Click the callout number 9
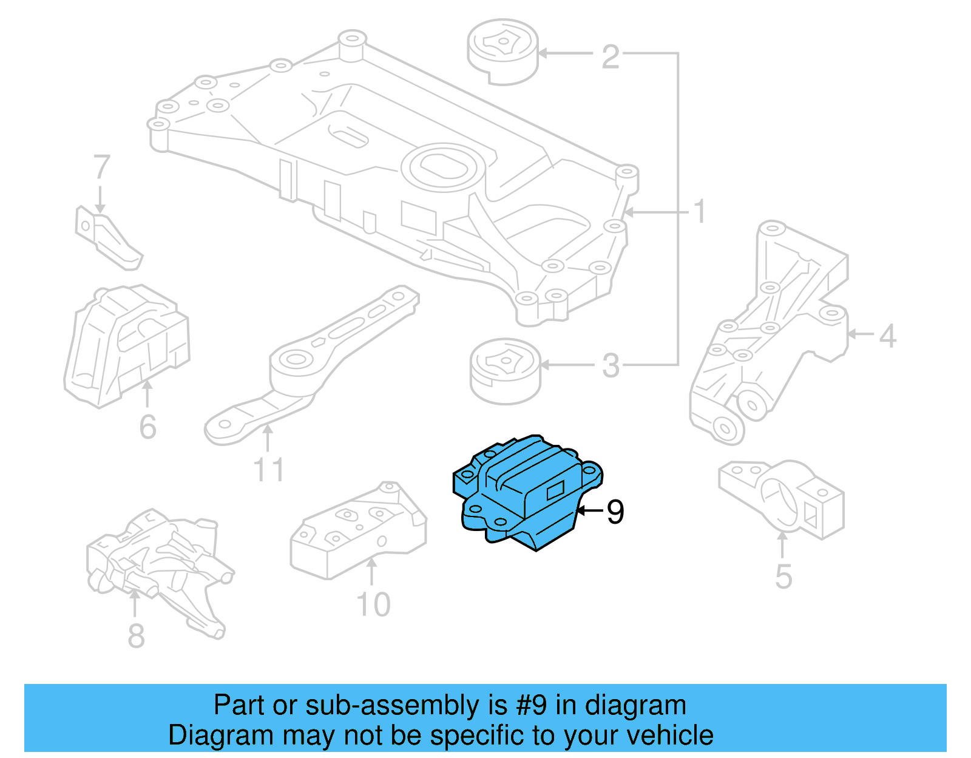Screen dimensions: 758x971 point(615,512)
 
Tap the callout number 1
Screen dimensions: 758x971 point(700,212)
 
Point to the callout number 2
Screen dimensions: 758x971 point(611,56)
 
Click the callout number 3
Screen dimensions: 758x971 point(611,366)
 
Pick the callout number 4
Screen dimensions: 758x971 point(887,336)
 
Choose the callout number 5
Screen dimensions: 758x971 point(783,576)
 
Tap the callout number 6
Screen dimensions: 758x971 point(147,427)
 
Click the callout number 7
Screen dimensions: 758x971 point(101,168)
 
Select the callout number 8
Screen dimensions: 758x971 point(136,635)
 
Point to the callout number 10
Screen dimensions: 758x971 point(373,604)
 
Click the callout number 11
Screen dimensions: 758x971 point(268,470)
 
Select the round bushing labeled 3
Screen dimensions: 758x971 point(505,371)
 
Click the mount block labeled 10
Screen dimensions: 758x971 point(358,530)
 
